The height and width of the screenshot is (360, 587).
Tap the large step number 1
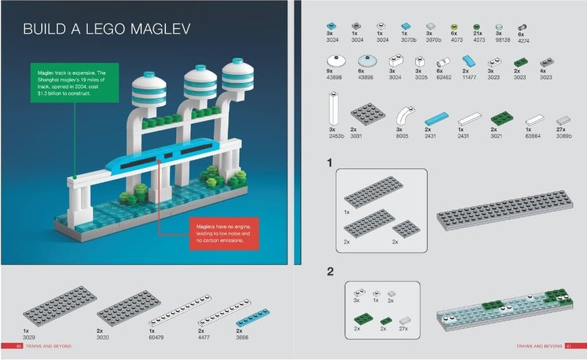(x=330, y=162)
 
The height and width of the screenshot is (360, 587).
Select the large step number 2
(x=331, y=271)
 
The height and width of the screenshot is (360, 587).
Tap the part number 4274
(x=521, y=41)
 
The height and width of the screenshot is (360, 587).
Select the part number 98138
(x=500, y=40)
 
